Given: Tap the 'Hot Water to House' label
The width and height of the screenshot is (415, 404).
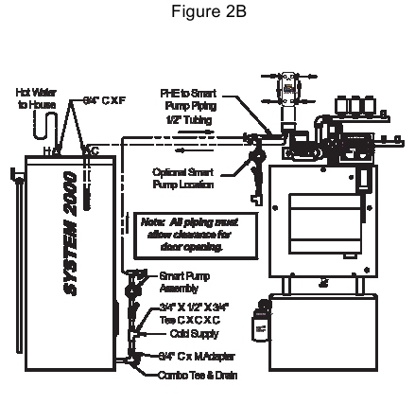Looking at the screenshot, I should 36,97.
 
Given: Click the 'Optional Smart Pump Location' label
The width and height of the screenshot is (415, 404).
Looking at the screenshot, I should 182,178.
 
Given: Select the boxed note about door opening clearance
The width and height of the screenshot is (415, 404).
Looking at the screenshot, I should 181,233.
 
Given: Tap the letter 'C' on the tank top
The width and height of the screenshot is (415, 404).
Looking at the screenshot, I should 92,150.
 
